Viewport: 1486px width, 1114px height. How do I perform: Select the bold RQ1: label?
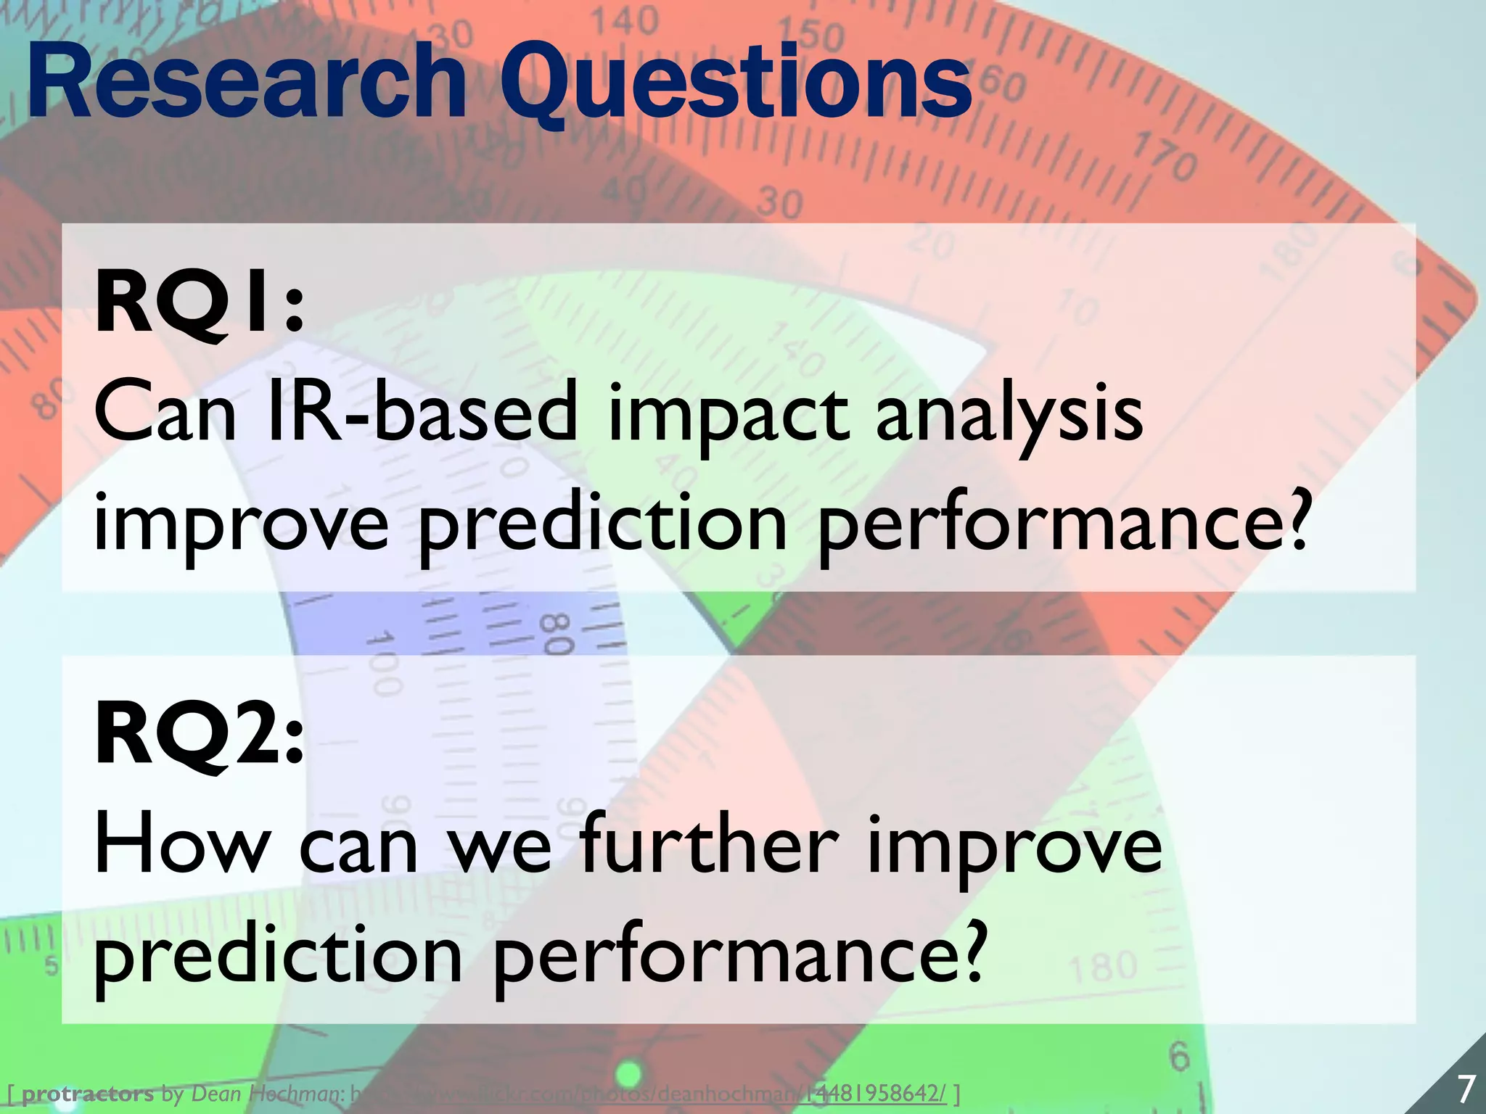point(199,305)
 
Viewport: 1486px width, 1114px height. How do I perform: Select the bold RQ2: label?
point(199,737)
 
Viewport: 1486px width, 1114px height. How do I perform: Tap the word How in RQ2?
point(181,846)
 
